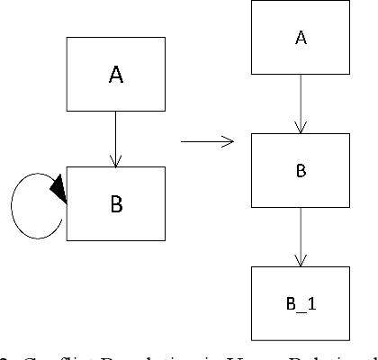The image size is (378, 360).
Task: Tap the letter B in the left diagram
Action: click(x=115, y=204)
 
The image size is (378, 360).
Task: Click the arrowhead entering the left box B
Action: click(x=115, y=161)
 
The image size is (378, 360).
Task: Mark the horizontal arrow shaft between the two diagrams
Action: click(x=202, y=141)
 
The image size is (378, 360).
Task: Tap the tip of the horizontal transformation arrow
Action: click(x=231, y=141)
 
